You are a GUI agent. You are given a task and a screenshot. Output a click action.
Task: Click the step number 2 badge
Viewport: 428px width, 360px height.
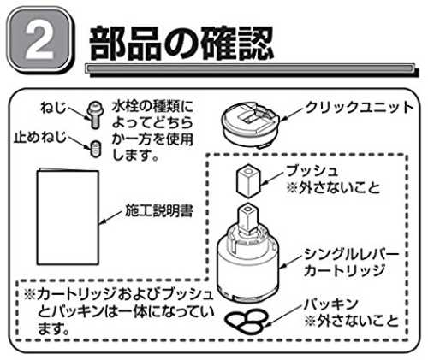[x=39, y=40]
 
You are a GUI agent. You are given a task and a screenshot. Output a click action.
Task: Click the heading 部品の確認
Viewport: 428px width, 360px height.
[x=181, y=43]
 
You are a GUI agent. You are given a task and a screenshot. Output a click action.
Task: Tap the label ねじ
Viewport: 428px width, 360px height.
[x=53, y=108]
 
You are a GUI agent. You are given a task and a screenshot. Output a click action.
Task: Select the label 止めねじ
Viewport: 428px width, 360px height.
[x=40, y=138]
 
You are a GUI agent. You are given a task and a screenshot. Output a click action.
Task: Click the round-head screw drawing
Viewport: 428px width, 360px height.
[x=95, y=115]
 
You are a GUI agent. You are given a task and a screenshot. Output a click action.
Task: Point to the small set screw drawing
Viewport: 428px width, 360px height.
[x=95, y=149]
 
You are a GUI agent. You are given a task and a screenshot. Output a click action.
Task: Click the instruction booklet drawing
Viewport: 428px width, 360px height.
[x=68, y=216]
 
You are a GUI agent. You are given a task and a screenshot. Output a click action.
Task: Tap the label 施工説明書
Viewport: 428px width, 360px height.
[x=159, y=211]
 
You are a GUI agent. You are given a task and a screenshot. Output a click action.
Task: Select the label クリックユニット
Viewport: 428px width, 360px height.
[x=360, y=108]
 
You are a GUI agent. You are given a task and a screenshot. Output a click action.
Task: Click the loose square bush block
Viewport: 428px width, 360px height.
[x=248, y=180]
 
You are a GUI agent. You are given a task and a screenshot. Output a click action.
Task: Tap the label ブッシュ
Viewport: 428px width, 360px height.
[x=312, y=171]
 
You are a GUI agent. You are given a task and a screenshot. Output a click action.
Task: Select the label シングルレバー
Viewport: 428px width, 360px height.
[x=351, y=254]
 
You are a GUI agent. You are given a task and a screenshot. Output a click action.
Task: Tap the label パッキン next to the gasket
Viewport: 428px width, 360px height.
[x=330, y=304]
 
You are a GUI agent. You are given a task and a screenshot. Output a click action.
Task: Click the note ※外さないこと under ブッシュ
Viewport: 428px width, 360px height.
[x=333, y=187]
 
